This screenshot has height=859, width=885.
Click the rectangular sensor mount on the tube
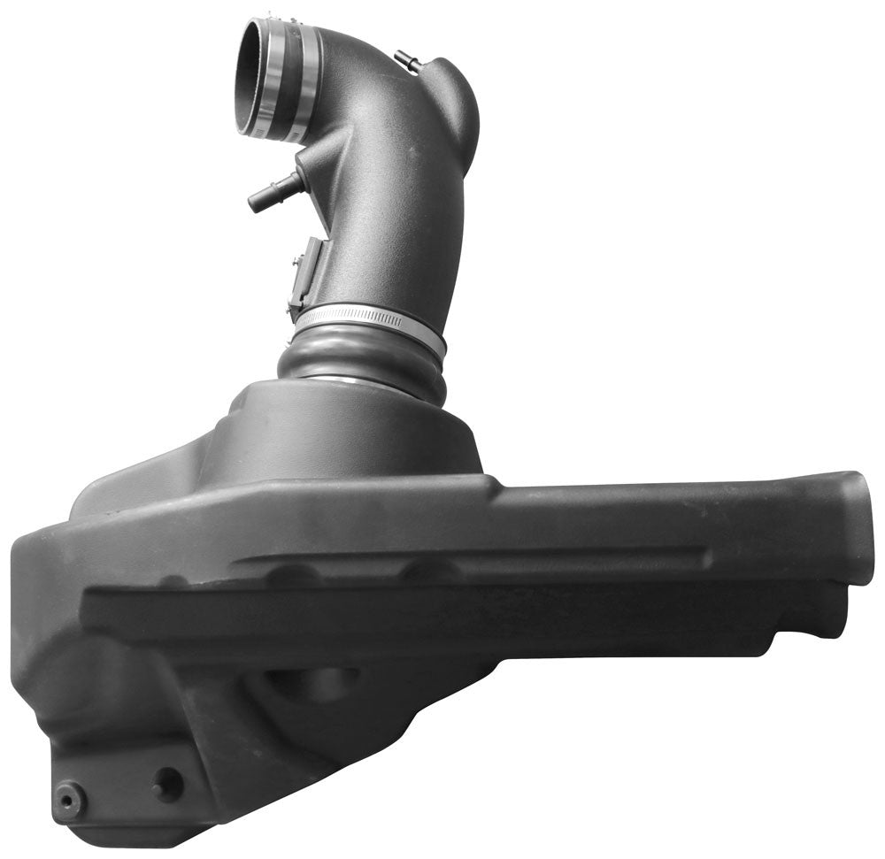pyautogui.click(x=302, y=275)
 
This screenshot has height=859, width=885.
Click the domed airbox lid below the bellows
pyautogui.click(x=354, y=433)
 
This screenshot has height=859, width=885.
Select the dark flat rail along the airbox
pyautogui.click(x=442, y=615)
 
